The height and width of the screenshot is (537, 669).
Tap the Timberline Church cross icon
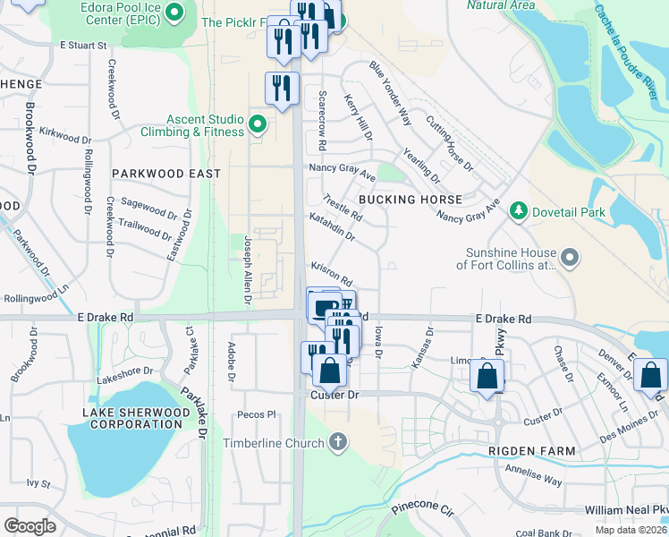[337, 441]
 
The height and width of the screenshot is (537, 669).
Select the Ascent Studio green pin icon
[258, 124]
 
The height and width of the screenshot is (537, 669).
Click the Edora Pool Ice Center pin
[175, 13]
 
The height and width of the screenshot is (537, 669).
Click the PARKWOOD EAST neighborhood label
[165, 173]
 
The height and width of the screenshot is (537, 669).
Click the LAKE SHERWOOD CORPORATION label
[135, 418]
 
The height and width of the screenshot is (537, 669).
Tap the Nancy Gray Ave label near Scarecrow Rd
[342, 168]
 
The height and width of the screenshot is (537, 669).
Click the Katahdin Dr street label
[333, 228]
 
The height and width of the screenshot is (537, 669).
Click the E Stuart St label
[83, 44]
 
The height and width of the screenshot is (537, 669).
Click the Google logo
[30, 525]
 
